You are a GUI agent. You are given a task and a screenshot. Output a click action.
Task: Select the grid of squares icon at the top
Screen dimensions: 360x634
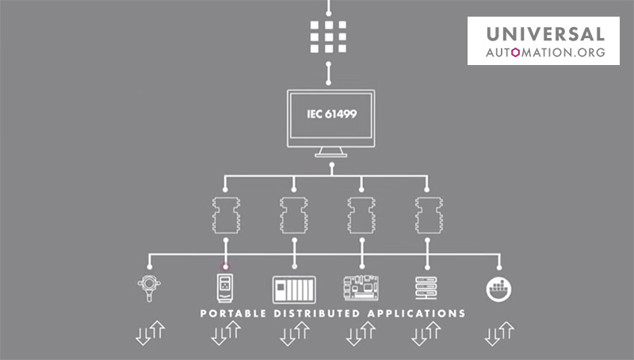click(x=328, y=35)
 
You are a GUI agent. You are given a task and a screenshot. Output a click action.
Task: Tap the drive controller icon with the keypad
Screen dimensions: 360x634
click(x=226, y=286)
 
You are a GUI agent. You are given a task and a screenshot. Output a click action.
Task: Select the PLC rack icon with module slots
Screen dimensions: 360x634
click(x=294, y=288)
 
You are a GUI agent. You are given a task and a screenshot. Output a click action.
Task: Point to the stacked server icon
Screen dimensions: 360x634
click(x=428, y=287)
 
